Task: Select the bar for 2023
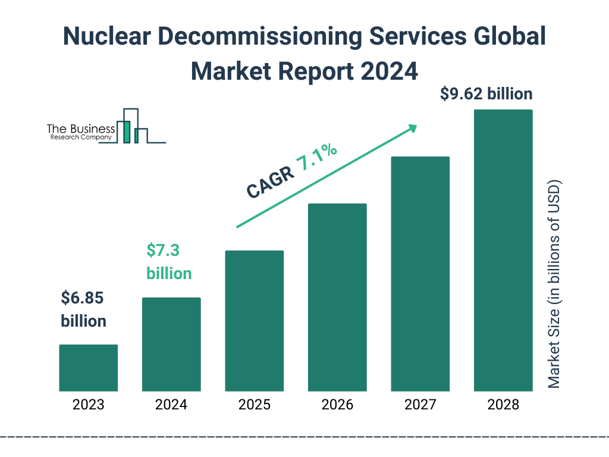pyautogui.click(x=88, y=368)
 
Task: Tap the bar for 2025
pyautogui.click(x=254, y=321)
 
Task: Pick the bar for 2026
pyautogui.click(x=337, y=298)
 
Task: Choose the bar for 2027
pyautogui.click(x=420, y=274)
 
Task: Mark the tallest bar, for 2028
pyautogui.click(x=503, y=251)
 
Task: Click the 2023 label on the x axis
pyautogui.click(x=88, y=405)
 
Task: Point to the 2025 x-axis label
pyautogui.click(x=254, y=405)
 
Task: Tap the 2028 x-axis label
pyautogui.click(x=503, y=405)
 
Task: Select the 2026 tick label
pyautogui.click(x=337, y=405)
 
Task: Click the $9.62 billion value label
pyautogui.click(x=486, y=94)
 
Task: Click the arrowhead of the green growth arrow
pyautogui.click(x=412, y=128)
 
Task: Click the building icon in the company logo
pyautogui.click(x=132, y=126)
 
